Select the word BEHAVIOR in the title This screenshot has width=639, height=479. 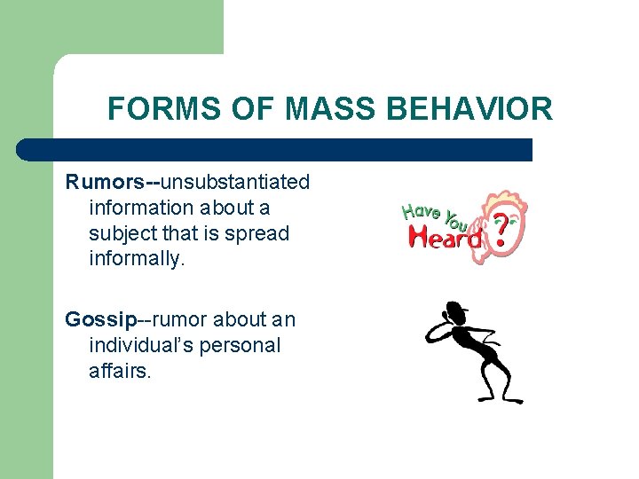tap(471, 109)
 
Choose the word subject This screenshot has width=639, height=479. tap(122, 233)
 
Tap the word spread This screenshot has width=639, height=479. tap(258, 233)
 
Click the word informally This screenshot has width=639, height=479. tap(135, 259)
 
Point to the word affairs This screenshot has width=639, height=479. tap(120, 371)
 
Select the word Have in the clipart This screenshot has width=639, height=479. tap(422, 211)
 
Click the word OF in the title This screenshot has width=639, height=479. tap(255, 109)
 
